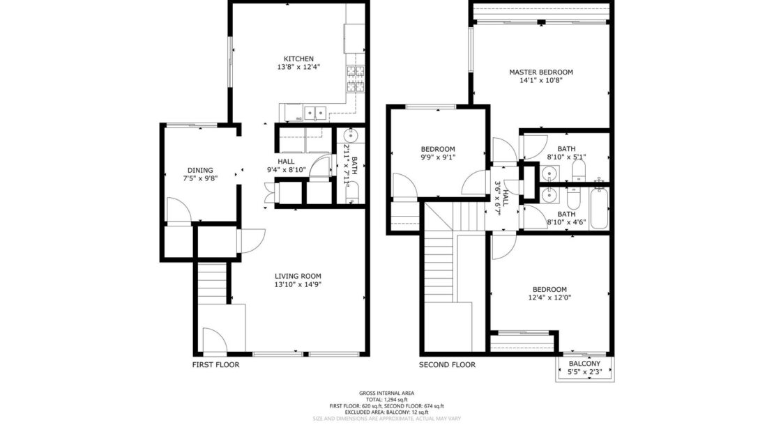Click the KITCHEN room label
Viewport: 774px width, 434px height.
tap(298, 59)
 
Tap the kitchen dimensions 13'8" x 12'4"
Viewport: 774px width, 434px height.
tap(298, 68)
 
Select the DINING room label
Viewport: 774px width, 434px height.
tap(199, 170)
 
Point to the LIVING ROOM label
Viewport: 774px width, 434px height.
tap(297, 275)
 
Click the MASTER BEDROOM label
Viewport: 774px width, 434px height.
tap(540, 72)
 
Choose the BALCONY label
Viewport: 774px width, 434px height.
tap(584, 364)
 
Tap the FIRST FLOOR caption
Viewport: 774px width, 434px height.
tap(215, 364)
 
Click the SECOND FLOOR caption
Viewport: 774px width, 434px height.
tap(447, 364)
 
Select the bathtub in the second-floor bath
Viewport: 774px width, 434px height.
tap(599, 207)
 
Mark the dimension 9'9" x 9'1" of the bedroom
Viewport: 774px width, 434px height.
tap(438, 157)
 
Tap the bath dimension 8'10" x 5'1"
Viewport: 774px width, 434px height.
tap(566, 157)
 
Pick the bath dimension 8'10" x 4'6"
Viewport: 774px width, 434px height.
tap(566, 223)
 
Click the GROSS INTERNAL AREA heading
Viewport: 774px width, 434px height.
tap(386, 393)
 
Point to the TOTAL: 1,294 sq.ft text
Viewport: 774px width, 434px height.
tap(386, 399)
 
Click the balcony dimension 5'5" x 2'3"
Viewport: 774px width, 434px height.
tap(584, 373)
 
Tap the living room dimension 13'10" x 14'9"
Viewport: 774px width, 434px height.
tap(297, 284)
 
